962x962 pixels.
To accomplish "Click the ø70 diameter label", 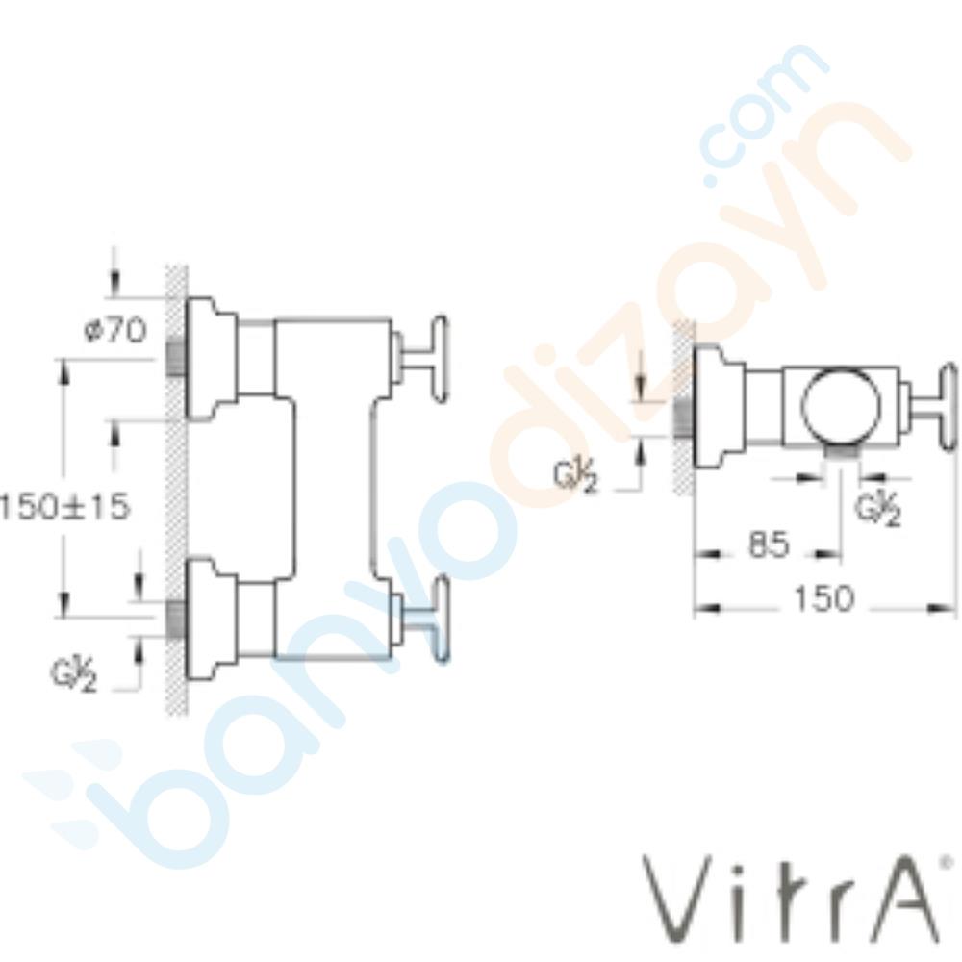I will [x=114, y=331].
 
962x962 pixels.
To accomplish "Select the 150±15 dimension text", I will [x=64, y=506].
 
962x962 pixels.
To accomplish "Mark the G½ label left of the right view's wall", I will [x=576, y=476].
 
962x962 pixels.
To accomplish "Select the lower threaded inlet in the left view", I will [x=175, y=620].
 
